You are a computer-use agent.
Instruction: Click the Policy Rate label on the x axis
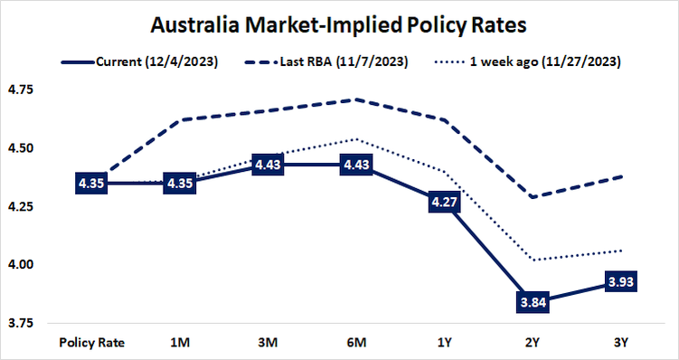tap(91, 343)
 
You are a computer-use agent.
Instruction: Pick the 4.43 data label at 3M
tap(269, 166)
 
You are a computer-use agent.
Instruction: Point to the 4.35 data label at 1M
tap(180, 184)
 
